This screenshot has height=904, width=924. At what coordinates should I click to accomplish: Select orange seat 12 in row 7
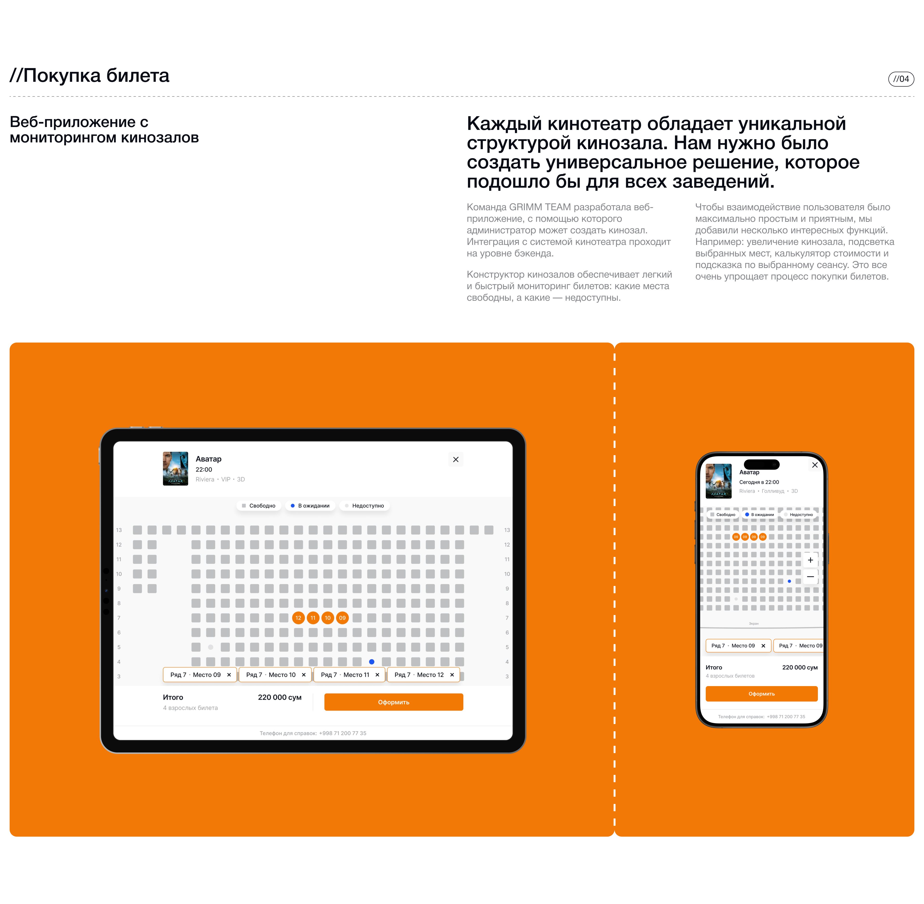[x=298, y=618]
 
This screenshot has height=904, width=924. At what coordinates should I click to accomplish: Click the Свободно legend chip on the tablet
[x=259, y=506]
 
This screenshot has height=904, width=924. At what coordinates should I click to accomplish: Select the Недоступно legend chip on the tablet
[x=365, y=506]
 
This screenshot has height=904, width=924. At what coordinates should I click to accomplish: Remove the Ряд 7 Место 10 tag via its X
[x=303, y=675]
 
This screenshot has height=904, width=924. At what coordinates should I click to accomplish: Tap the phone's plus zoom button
[x=810, y=560]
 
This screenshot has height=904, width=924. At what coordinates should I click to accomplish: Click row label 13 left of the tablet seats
[x=119, y=530]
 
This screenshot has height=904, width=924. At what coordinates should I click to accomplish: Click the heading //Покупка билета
[x=89, y=76]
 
